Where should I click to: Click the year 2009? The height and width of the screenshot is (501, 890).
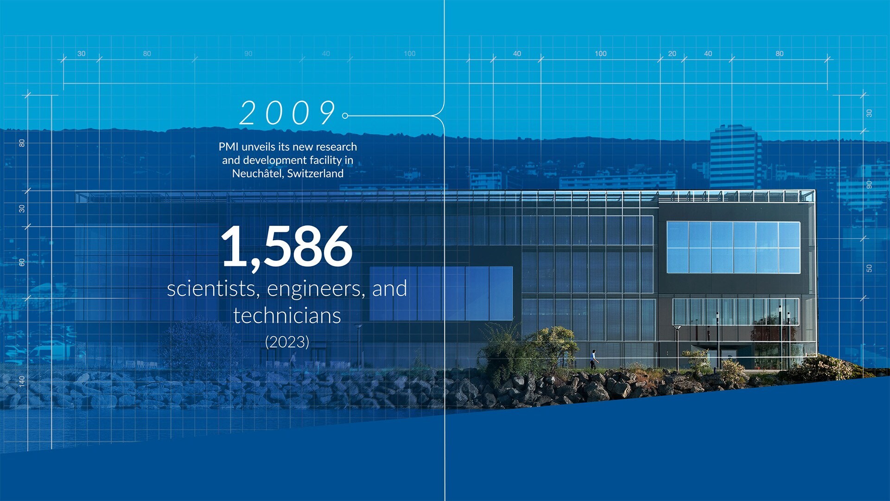pos(287,113)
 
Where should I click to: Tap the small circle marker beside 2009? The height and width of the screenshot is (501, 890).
pos(345,116)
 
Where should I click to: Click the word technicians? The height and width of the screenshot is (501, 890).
pos(287,315)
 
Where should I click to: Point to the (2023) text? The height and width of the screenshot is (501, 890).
pos(287,342)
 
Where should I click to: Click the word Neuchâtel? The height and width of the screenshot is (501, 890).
pos(257,173)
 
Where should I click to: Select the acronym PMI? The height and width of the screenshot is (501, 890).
pos(229,147)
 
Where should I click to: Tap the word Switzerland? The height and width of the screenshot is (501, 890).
pos(315,173)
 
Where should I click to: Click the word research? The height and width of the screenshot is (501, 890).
pos(336,147)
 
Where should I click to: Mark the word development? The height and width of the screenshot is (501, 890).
pos(275,161)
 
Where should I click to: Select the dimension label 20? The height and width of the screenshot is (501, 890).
pos(672,53)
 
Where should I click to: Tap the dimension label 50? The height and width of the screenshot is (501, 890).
pos(869,268)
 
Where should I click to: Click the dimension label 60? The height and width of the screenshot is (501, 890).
pos(22,262)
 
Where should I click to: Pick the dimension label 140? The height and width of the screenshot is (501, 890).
pos(22,381)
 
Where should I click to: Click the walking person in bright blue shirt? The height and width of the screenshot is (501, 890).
pos(594,360)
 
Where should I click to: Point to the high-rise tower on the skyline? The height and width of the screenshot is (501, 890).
pos(736,155)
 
